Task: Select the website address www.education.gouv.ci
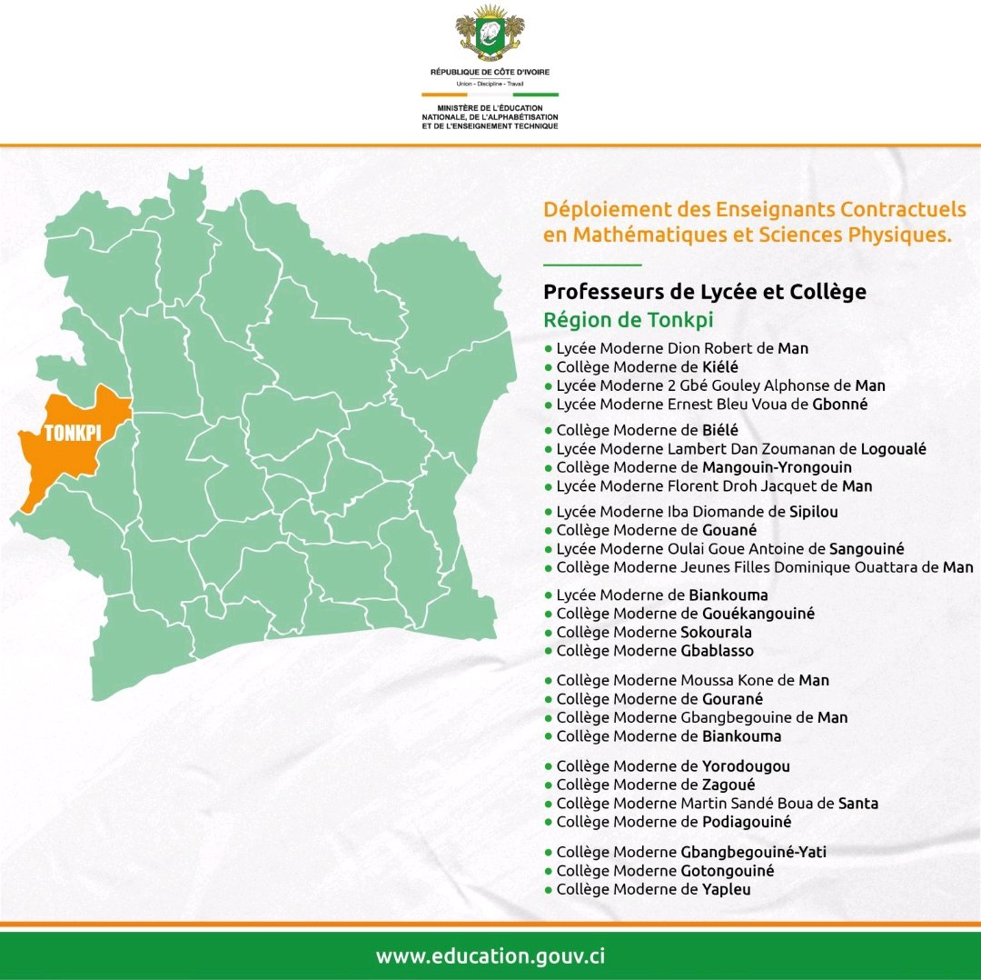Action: pos(490,956)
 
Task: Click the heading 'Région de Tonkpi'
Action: pos(628,320)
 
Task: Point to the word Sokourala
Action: pos(716,632)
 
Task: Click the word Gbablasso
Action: pos(717,651)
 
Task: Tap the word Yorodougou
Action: pos(746,766)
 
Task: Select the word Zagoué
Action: pos(728,785)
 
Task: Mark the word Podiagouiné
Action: pos(747,822)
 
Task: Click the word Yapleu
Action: pos(726,889)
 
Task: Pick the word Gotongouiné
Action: pos(727,870)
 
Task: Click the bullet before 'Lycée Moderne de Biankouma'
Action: pos(548,595)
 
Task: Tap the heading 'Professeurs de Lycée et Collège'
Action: pos(704,292)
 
